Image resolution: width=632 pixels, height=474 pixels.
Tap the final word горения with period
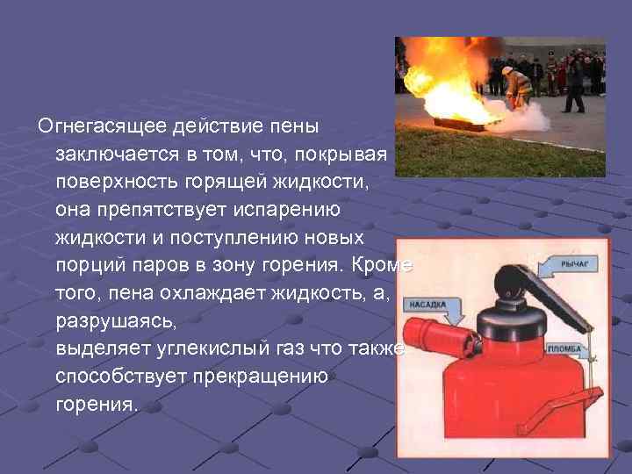[x=97, y=404]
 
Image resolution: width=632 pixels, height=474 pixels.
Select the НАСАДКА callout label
[x=427, y=305]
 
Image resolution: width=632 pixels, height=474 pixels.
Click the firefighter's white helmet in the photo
[x=507, y=69]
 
